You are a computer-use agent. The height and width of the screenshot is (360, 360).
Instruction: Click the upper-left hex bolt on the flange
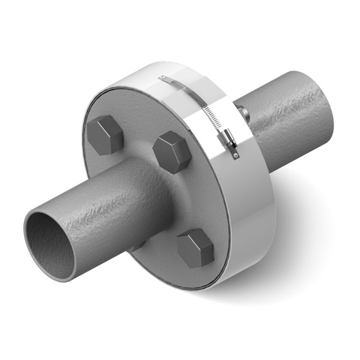coord(105,136)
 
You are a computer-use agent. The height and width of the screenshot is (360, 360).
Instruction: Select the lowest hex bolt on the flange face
coord(196,248)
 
